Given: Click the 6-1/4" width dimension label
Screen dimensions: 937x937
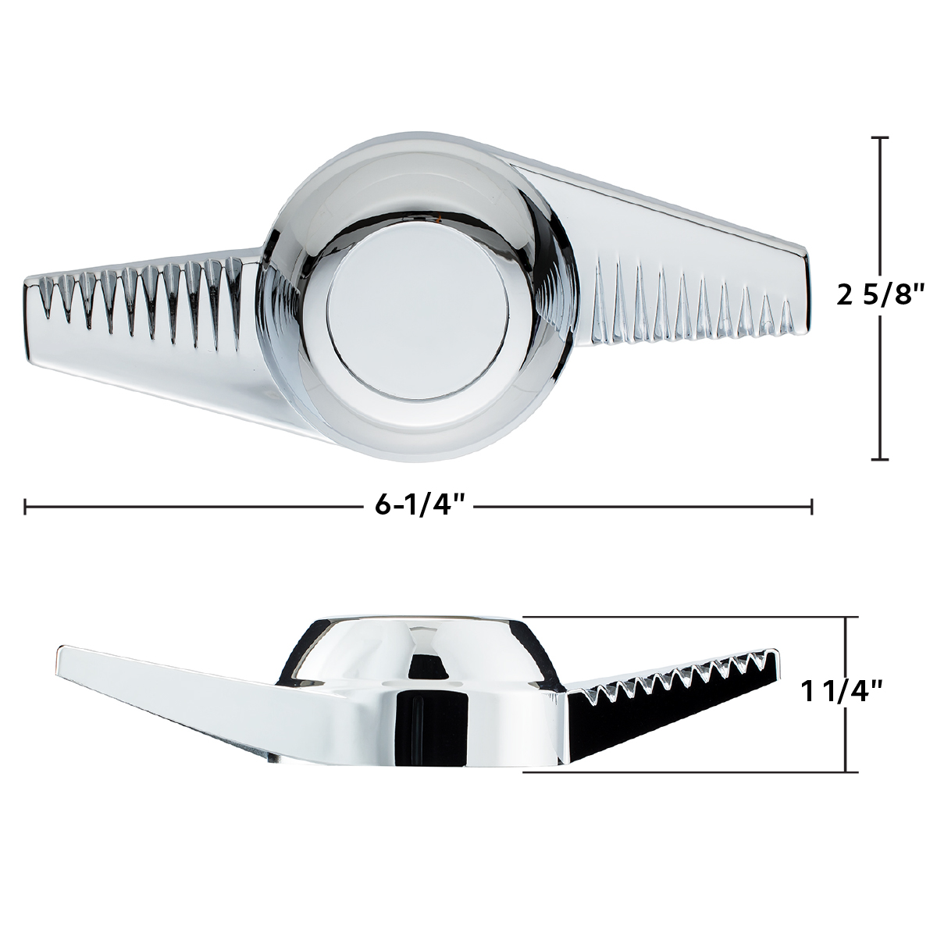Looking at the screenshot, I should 420,506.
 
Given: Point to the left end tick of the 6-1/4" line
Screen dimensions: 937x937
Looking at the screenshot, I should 27,506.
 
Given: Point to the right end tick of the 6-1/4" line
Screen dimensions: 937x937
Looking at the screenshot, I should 812,506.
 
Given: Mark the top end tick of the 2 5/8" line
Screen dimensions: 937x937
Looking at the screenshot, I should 880,137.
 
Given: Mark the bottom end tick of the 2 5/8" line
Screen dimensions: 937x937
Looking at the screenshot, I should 880,459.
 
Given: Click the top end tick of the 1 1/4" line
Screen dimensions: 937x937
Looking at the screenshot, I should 847,618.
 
